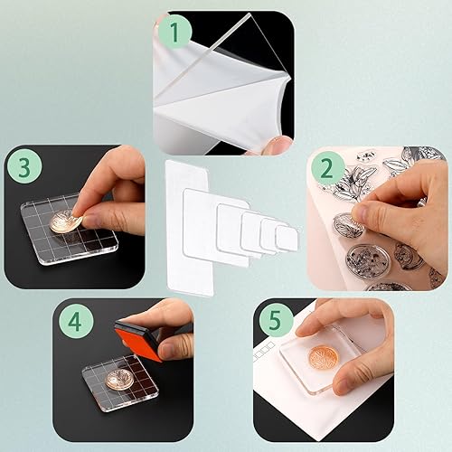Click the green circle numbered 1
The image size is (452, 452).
click(175, 31)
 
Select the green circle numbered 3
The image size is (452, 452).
click(24, 166)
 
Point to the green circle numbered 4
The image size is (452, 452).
click(75, 322)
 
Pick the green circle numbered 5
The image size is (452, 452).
click(275, 319)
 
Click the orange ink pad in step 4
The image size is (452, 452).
click(139, 341)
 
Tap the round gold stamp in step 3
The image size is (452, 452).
click(65, 221)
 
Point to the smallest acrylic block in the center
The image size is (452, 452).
click(287, 239)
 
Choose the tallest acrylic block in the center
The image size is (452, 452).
click(190, 228)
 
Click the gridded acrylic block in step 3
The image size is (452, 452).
click(70, 229)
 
